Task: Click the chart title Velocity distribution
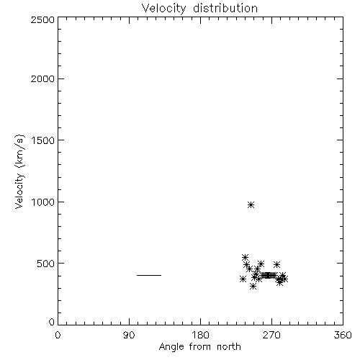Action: [199, 8]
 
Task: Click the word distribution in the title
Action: [225, 8]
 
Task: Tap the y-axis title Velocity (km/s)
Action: [19, 171]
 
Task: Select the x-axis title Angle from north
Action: [199, 346]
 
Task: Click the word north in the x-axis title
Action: [229, 346]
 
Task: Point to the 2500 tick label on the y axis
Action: [42, 19]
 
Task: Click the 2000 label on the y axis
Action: [42, 78]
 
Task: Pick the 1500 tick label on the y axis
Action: [42, 140]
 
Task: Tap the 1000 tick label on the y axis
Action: [42, 202]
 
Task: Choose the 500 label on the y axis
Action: [46, 264]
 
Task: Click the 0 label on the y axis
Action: [52, 322]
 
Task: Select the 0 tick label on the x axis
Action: [58, 335]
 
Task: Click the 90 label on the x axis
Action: [129, 335]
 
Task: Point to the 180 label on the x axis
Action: [199, 335]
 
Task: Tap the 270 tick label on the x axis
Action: [271, 335]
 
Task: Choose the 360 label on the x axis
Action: [343, 335]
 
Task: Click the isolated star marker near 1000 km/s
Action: [251, 205]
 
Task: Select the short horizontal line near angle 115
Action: [149, 275]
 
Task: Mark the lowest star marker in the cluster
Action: [253, 287]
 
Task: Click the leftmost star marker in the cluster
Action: [243, 279]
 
